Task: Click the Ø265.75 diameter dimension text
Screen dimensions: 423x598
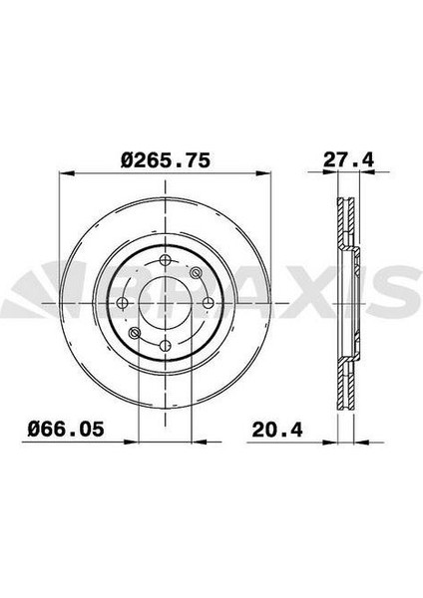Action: point(166,160)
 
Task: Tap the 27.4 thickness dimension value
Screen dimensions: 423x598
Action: point(348,159)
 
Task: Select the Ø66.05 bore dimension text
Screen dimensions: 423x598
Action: point(66,429)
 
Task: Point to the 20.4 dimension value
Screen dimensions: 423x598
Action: point(277,430)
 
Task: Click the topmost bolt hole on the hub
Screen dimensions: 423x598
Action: point(165,261)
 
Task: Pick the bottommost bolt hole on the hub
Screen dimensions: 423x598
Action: point(165,346)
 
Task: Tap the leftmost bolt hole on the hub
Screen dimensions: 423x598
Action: point(122,303)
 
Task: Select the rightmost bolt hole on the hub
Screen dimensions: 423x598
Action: point(208,303)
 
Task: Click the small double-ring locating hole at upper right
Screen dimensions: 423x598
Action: point(196,273)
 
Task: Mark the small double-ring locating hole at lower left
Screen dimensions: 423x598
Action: point(135,333)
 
